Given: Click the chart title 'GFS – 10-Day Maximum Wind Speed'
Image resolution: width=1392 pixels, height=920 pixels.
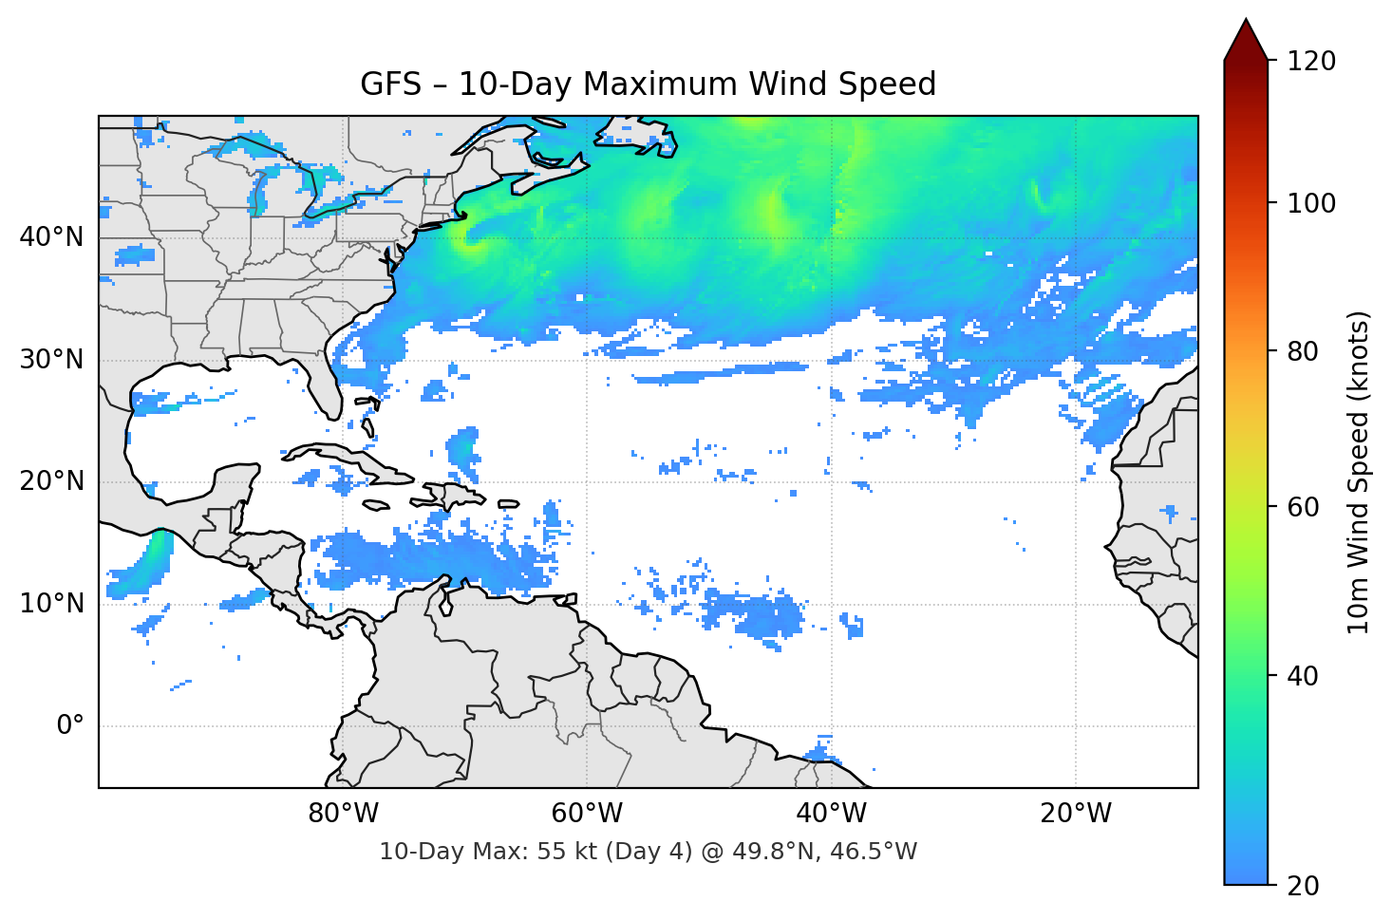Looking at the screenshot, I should click(648, 84).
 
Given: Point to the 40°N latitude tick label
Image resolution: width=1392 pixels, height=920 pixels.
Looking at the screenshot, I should click(51, 237).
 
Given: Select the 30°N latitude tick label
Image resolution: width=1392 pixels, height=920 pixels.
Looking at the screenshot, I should click(51, 360).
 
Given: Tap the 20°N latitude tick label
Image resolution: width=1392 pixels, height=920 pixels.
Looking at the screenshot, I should click(51, 481).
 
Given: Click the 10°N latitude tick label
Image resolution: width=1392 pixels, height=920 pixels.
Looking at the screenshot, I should click(51, 604).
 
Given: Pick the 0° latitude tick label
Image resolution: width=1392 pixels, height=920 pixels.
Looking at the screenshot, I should click(69, 726).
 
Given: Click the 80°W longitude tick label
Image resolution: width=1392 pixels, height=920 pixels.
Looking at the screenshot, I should click(343, 814).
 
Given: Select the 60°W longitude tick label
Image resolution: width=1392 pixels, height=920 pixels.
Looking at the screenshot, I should click(587, 814).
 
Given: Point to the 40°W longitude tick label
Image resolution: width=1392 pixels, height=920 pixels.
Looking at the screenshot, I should click(831, 814).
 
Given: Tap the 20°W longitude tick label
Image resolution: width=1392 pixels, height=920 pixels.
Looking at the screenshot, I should click(1075, 814).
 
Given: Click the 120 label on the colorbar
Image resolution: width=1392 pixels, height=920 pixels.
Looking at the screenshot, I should click(1311, 61).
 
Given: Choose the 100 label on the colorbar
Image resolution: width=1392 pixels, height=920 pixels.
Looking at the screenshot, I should click(1311, 203).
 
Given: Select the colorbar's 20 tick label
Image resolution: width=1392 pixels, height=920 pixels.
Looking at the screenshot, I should click(1304, 886).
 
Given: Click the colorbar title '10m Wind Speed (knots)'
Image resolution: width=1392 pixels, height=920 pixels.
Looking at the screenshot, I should click(1359, 472).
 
